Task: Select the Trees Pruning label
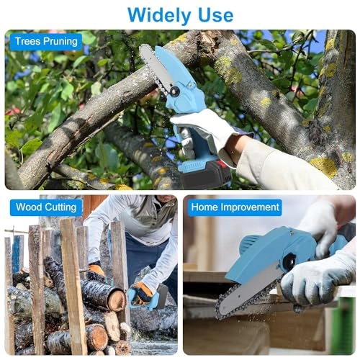46,42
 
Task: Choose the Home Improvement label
235,208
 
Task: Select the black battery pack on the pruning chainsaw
207,173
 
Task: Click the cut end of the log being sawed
114,298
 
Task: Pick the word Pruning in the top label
61,42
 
